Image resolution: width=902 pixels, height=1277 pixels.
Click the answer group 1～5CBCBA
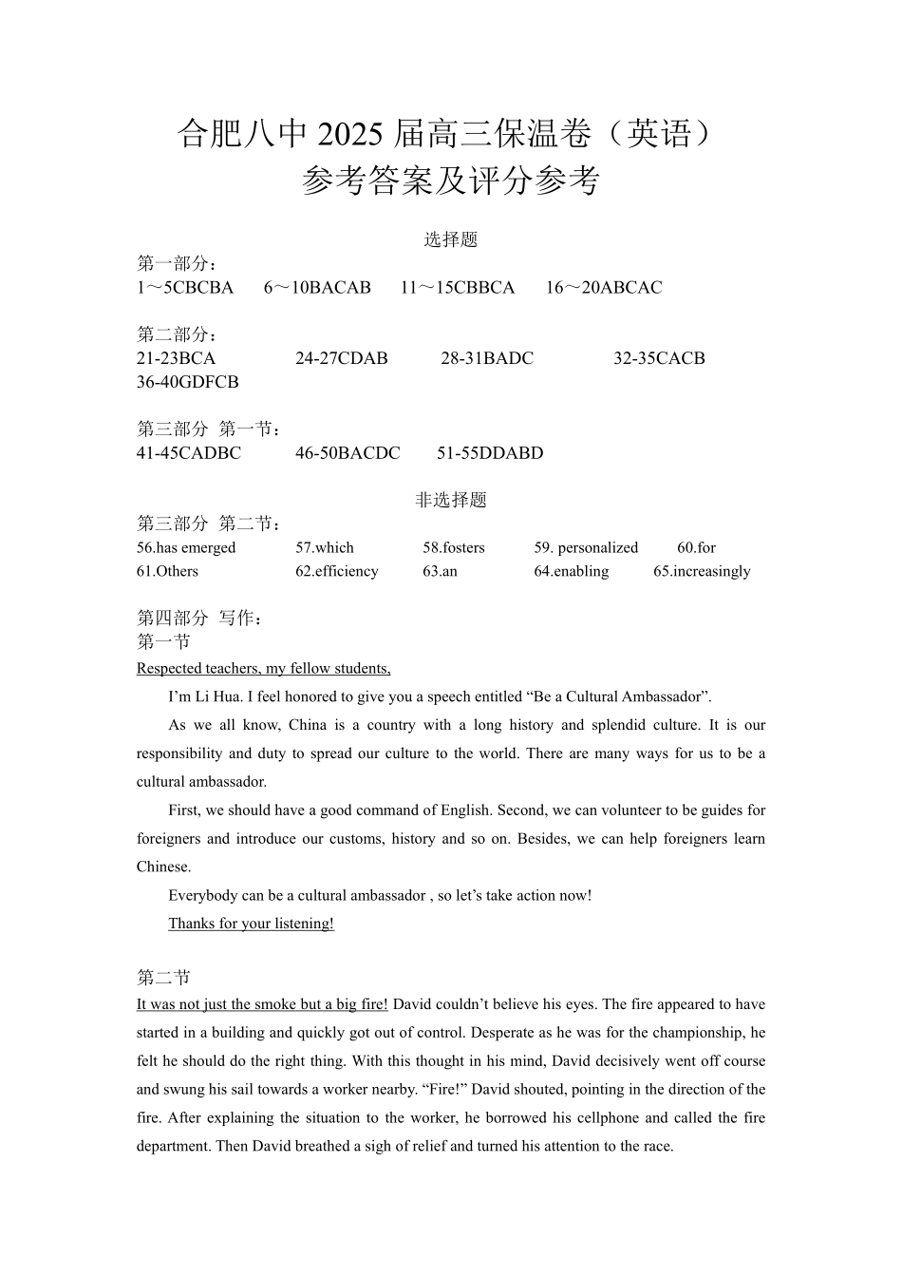185,288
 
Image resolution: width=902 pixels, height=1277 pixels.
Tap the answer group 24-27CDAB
341,359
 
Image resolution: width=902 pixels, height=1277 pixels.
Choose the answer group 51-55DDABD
490,453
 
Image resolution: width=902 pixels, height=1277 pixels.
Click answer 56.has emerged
186,548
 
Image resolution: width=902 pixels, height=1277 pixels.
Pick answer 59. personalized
586,548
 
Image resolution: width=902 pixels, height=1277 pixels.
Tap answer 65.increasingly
702,572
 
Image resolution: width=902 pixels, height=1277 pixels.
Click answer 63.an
440,572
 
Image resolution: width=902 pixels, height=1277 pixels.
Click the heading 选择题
450,240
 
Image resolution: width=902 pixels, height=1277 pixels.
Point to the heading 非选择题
450,501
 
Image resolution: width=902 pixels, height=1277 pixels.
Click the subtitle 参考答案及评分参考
450,181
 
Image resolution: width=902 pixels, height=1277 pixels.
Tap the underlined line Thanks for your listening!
251,924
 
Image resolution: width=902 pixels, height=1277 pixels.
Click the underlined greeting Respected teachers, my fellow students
263,669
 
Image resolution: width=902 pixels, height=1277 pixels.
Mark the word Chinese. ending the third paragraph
163,867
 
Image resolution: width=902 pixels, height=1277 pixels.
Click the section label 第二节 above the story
163,978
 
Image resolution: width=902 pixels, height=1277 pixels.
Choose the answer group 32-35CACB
659,359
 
